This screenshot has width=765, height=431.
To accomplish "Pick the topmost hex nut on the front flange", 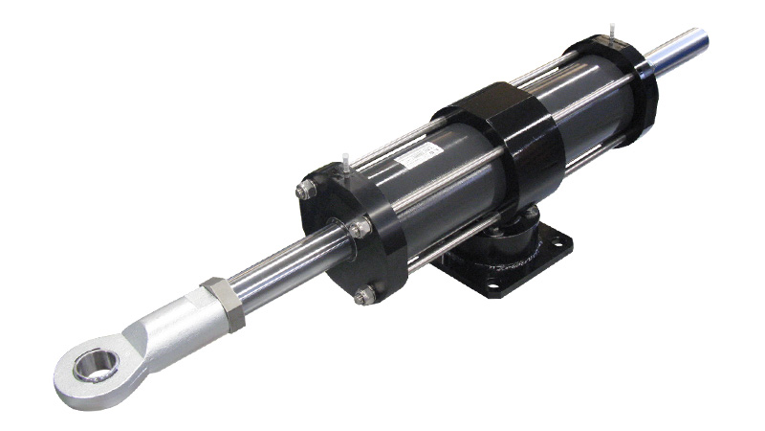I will point(309,190).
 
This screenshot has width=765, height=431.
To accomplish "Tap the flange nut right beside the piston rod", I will point(358,229).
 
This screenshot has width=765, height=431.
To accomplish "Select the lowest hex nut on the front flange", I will point(363,295).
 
